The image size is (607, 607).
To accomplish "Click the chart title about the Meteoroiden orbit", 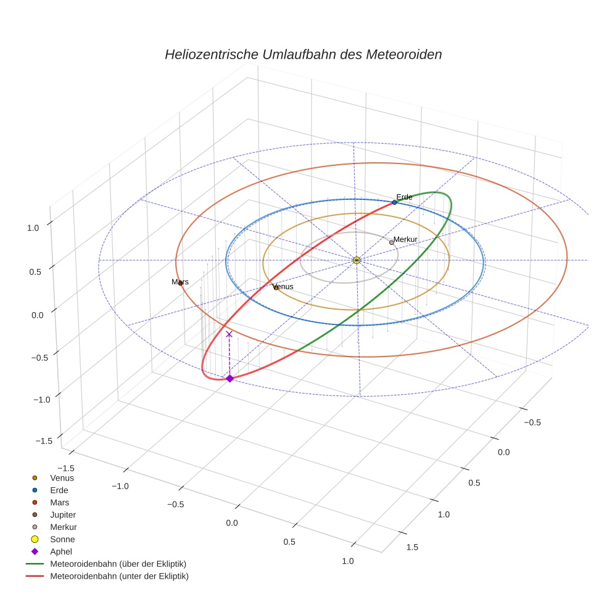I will coord(303,54).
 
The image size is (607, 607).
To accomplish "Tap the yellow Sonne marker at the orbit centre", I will coord(357,260).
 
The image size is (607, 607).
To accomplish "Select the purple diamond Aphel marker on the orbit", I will coord(229,378).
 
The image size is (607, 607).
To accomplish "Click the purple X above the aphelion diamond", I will coord(229,334).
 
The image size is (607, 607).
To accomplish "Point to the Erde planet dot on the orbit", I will coord(394,202).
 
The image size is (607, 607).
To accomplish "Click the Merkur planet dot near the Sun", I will coord(392,242).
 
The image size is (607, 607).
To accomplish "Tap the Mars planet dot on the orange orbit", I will coord(180,283).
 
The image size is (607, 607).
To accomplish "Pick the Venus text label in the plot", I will coord(283,287).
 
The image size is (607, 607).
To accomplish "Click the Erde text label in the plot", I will coord(404,197).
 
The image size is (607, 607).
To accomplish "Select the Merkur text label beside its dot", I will coord(406,239).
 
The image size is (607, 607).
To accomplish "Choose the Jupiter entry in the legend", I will coord(62,514).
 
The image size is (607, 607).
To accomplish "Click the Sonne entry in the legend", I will coord(62,539).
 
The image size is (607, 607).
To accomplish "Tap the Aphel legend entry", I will coord(60,551).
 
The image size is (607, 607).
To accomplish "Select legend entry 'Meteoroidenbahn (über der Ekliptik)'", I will coord(118,564).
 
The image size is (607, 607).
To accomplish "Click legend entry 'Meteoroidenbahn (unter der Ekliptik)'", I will coord(119,576).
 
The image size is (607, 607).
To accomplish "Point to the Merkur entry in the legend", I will coord(63,527).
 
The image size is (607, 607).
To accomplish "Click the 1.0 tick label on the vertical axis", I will coord(33,227).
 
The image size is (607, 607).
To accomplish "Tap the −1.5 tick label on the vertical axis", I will coord(44,440).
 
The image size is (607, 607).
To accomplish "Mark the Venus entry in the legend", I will coord(62,477).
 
